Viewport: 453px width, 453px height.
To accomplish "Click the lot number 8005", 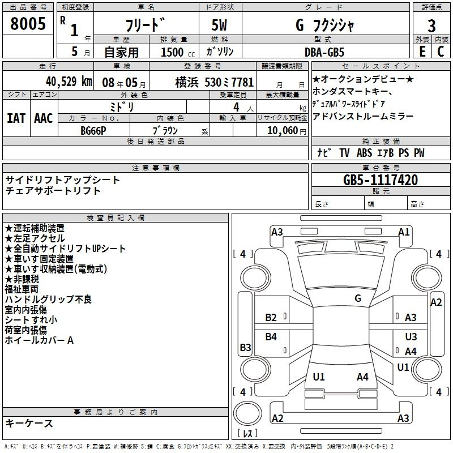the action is (28, 23).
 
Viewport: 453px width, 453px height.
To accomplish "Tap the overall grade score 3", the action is (431, 26).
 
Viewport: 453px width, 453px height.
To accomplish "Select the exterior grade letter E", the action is (422, 52).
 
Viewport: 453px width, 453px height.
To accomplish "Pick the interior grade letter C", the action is (441, 52).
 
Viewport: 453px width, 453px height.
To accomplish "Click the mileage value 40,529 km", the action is (69, 82).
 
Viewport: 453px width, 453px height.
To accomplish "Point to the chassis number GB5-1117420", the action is (381, 180).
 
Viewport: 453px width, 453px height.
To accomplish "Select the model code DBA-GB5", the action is (324, 52).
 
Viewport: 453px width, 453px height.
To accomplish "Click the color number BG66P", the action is (93, 131).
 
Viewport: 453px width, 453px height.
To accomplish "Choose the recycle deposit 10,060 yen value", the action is (287, 131).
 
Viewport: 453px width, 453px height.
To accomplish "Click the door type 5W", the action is (219, 25).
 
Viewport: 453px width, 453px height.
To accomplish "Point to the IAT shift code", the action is (16, 118).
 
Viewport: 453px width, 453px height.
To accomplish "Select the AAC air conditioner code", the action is (44, 118).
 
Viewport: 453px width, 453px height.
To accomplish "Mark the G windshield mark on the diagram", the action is (358, 298).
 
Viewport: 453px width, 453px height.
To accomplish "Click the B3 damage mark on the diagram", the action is (246, 347).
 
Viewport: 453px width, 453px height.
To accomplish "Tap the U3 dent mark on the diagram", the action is (411, 336).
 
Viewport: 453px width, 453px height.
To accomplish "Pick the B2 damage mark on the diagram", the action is (271, 318).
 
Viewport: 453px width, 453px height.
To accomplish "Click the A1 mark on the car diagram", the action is (404, 232).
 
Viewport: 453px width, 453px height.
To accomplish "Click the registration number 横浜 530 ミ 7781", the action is (215, 82).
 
